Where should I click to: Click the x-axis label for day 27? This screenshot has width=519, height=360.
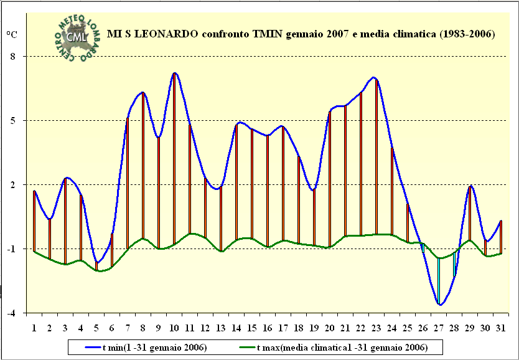click(439, 327)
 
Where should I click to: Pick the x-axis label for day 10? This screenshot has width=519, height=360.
click(174, 327)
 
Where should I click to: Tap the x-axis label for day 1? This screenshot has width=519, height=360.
click(34, 327)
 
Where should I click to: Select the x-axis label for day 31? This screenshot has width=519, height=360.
click(501, 327)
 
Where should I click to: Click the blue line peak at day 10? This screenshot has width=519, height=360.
click(174, 73)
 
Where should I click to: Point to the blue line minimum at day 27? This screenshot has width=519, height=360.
click(439, 305)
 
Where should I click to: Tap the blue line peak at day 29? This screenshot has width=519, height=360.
click(470, 186)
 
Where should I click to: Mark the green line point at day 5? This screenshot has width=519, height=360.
click(97, 270)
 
